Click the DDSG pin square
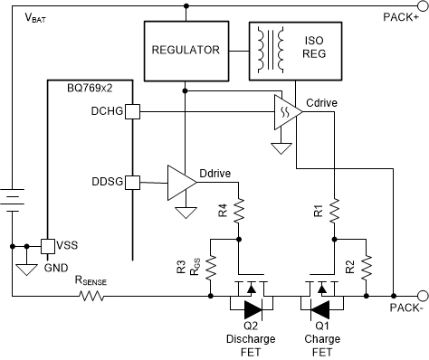tap(130, 182)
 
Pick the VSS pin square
tap(46, 246)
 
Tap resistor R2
tap(367, 266)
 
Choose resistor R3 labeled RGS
tap(210, 266)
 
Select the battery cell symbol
tap(13, 200)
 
